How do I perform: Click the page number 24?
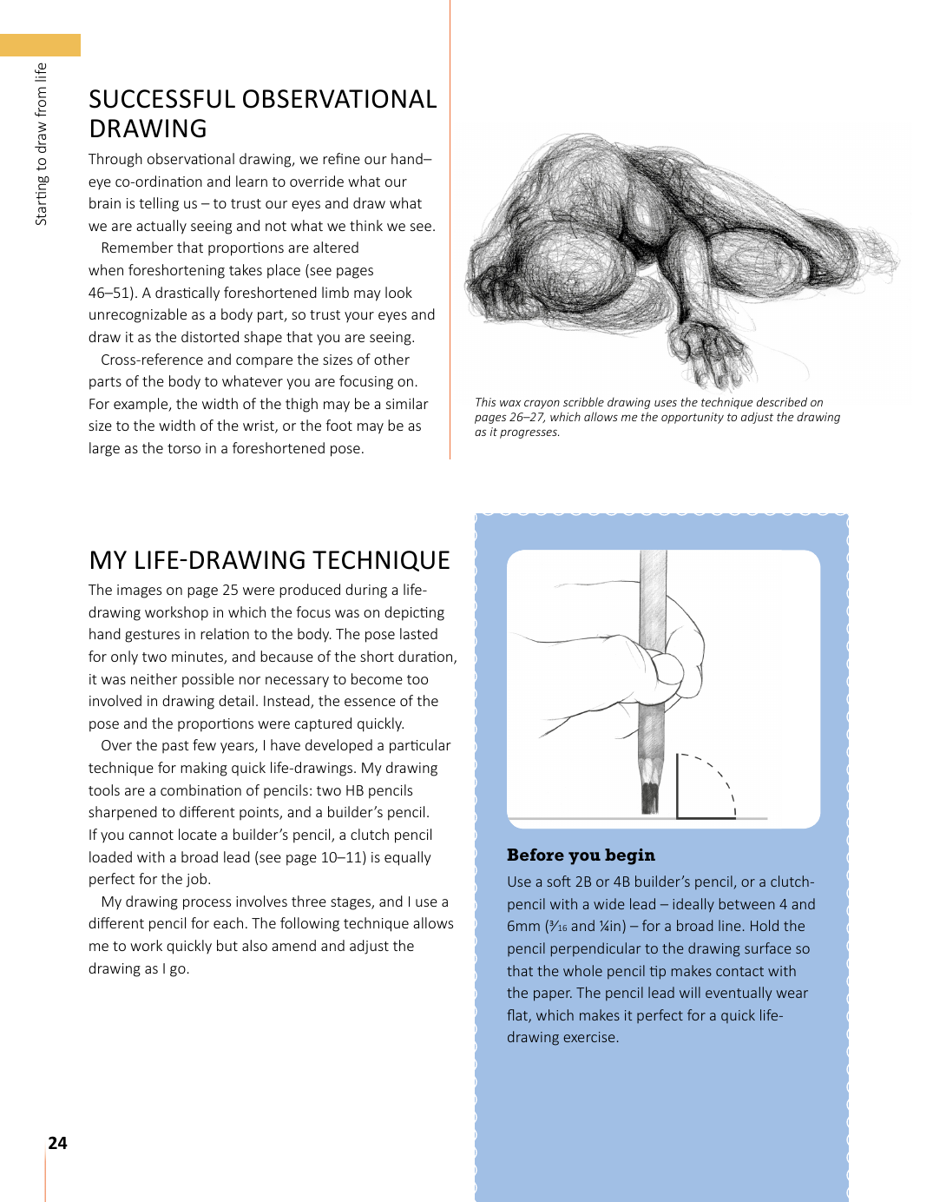tap(57, 1143)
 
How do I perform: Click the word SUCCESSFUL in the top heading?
tap(162, 100)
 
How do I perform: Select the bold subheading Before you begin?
tap(581, 855)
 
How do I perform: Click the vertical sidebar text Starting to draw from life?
tap(41, 144)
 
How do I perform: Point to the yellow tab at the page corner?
tap(40, 45)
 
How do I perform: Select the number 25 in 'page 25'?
tap(230, 591)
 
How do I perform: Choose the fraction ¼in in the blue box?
tap(611, 927)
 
